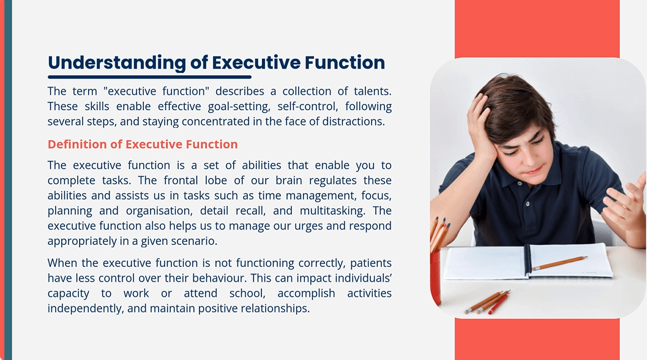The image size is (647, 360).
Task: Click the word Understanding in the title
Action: click(117, 63)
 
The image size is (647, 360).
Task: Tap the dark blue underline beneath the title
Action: click(149, 77)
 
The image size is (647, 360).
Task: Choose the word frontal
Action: click(181, 181)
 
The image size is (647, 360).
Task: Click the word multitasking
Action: click(332, 211)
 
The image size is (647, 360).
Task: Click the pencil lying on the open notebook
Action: click(560, 263)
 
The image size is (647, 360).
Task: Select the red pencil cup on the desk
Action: click(435, 276)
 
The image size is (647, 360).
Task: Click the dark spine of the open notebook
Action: click(527, 260)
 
